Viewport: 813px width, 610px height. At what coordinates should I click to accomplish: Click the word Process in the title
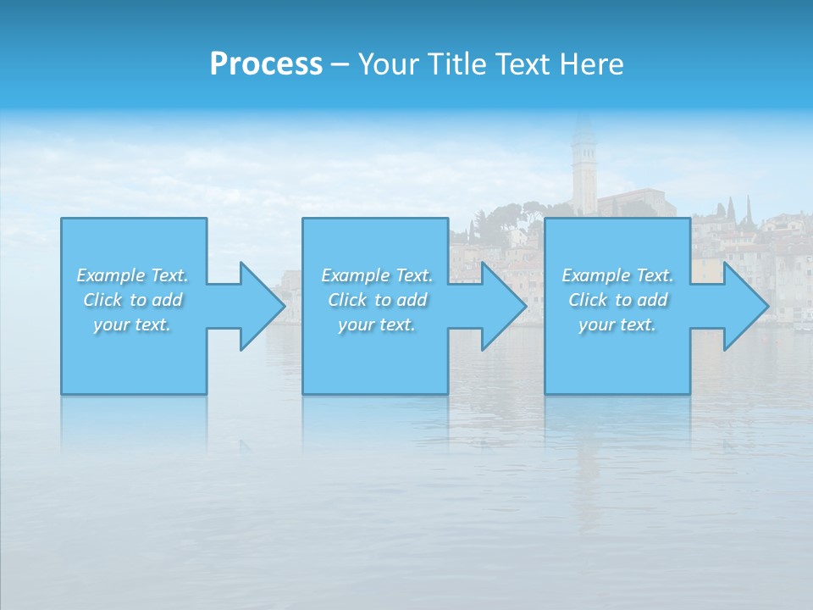(266, 64)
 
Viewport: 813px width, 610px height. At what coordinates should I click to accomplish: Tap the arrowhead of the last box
(744, 306)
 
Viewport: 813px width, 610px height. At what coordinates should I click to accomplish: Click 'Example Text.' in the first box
(132, 275)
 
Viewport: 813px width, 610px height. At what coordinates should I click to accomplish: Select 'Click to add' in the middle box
(377, 300)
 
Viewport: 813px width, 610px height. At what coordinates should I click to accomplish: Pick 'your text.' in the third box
(617, 324)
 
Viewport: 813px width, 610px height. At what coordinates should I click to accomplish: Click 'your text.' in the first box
(132, 324)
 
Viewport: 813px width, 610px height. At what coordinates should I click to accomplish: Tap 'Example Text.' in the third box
(617, 275)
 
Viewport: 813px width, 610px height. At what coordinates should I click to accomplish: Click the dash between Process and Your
(340, 64)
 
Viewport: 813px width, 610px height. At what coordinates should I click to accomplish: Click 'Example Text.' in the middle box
(377, 275)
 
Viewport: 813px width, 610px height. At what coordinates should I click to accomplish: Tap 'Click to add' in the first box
(132, 300)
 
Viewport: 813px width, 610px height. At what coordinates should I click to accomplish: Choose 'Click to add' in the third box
(617, 300)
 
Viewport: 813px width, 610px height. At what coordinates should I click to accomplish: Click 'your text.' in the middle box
(377, 324)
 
